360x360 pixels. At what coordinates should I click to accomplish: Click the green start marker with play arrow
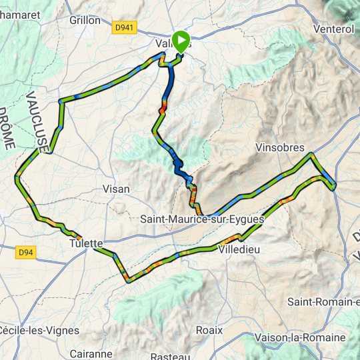click(181, 42)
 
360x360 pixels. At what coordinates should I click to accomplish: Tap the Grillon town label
click(85, 20)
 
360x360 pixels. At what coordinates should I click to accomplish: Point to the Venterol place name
click(333, 29)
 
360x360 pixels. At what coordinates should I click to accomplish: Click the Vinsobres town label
click(280, 148)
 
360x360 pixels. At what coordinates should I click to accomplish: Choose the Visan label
click(116, 189)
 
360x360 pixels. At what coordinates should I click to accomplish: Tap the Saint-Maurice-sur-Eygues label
click(203, 219)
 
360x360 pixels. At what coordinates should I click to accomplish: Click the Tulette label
click(85, 243)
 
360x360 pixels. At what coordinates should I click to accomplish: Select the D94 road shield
click(25, 252)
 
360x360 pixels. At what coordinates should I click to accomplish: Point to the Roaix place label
click(209, 329)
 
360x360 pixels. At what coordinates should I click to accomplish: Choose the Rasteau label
click(171, 357)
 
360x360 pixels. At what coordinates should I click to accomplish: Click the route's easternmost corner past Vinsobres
click(335, 184)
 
